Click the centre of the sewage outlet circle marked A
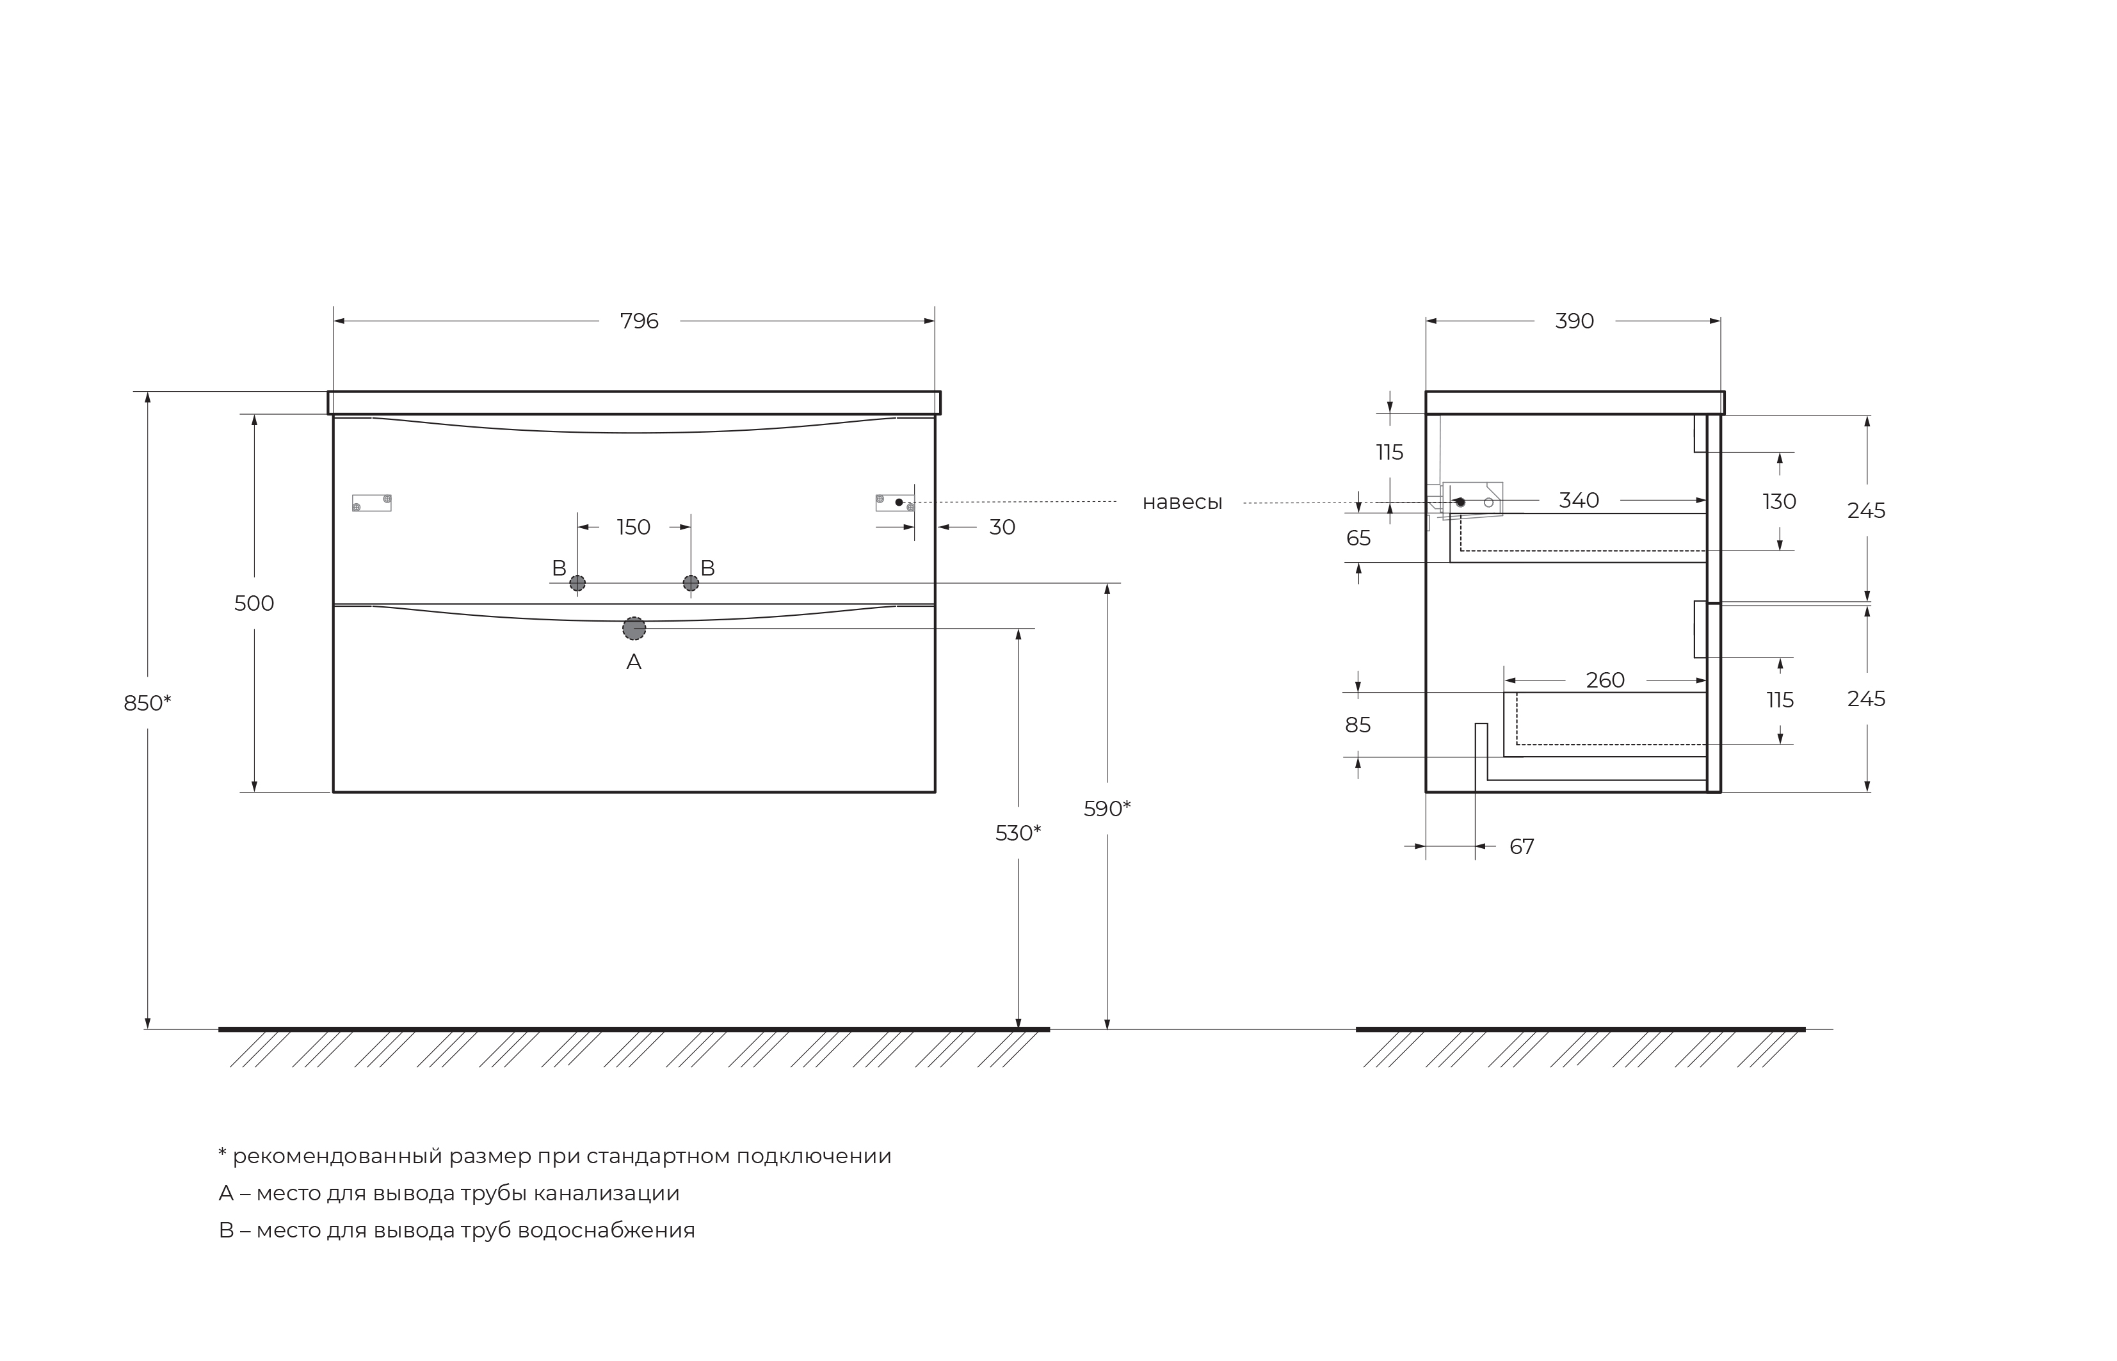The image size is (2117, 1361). point(634,629)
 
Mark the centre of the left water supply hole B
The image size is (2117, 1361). point(577,583)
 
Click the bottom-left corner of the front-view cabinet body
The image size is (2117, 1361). point(333,792)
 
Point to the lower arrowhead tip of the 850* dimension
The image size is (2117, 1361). point(147,1029)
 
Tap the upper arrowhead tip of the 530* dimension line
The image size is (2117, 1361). point(1018,629)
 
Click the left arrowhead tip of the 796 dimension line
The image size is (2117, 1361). point(334,321)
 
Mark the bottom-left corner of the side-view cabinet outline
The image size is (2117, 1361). point(1426,792)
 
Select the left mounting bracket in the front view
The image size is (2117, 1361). point(372,503)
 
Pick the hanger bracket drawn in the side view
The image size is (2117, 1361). point(1472,501)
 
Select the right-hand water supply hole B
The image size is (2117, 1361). point(691,583)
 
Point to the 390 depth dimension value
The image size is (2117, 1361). point(1575,321)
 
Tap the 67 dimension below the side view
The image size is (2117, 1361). point(1522,847)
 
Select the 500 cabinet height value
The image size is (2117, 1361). point(255,604)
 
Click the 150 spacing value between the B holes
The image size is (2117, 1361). point(634,527)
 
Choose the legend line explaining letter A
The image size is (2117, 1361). point(449,1193)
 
